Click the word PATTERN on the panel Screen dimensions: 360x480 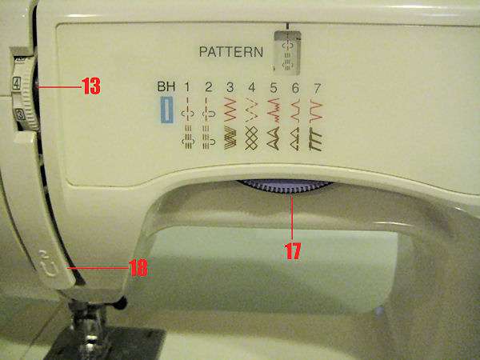point(231,54)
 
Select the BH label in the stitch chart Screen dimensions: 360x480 point(166,86)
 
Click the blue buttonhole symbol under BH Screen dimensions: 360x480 point(166,109)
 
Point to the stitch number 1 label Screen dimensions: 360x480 point(188,86)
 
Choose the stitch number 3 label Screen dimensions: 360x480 point(230,86)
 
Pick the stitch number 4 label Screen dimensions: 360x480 point(251,86)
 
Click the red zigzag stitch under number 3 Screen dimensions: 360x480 point(230,106)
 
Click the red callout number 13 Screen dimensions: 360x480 point(90,86)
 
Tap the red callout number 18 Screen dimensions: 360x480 point(138,269)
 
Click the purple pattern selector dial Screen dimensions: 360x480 point(284,186)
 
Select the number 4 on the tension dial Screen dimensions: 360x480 point(16,82)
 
